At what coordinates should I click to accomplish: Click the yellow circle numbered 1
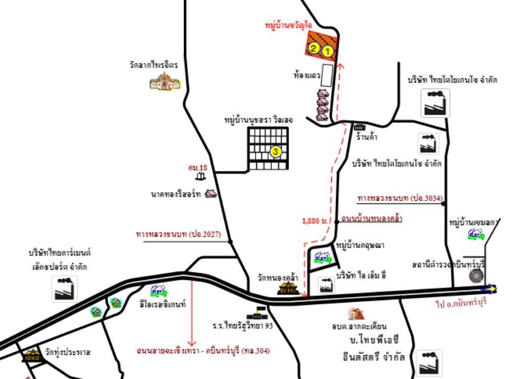327,51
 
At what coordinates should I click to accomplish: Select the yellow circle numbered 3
275,152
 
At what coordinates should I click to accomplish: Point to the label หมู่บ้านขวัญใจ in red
290,26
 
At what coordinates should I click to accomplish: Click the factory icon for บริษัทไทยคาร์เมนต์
63,288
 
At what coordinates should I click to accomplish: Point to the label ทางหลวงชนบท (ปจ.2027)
178,235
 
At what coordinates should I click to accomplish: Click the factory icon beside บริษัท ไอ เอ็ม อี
326,285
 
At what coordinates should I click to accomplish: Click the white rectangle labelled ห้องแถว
327,75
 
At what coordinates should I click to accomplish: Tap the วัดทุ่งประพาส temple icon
31,355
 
